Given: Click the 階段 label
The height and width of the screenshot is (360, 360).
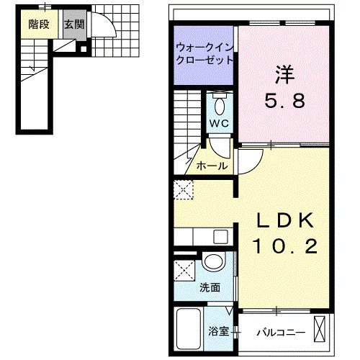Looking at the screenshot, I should [39, 24].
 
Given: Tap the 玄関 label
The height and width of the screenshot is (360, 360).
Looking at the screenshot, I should [72, 24].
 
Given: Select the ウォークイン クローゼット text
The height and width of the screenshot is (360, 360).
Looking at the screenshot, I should [204, 55].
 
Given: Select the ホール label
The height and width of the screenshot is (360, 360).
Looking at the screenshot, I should [212, 166].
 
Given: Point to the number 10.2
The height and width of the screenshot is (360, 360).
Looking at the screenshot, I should [284, 247].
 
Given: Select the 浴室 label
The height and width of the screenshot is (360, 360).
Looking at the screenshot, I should [219, 333].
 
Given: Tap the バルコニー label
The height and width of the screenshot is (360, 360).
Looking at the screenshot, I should [282, 333].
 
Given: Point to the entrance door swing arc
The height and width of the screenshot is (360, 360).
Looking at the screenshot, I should [104, 29].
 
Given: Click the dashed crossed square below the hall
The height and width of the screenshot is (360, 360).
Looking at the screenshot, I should [184, 190].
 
